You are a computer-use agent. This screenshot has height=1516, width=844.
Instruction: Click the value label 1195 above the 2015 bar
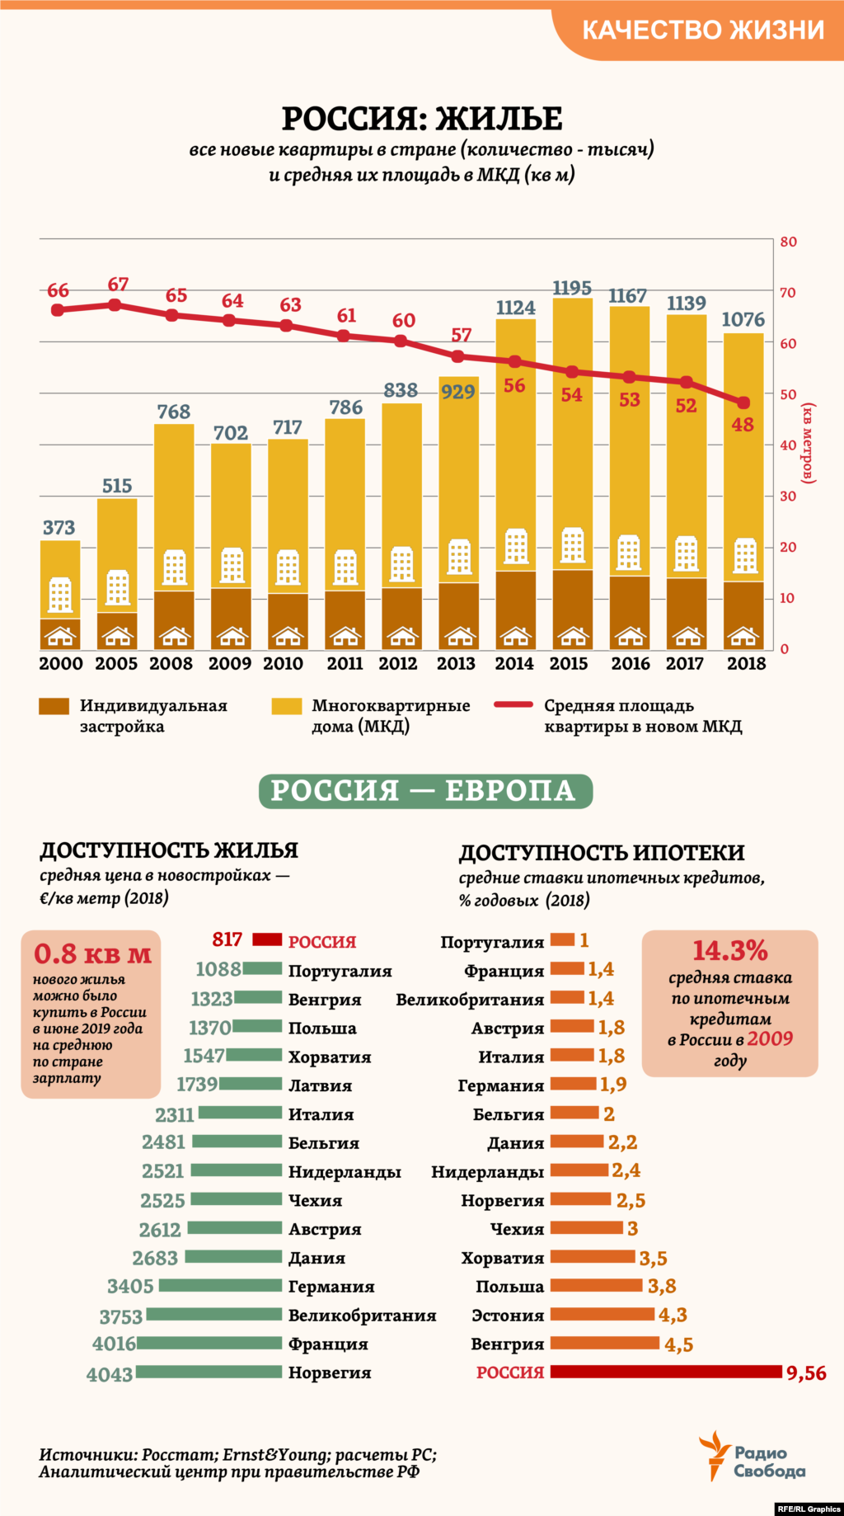(x=572, y=288)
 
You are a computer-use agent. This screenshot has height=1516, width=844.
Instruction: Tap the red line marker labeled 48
(x=743, y=403)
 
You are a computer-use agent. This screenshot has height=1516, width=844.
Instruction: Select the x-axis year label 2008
(x=171, y=663)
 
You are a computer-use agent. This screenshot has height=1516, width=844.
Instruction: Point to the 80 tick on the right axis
(x=788, y=242)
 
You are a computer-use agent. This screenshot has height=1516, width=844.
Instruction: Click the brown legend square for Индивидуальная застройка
(x=54, y=706)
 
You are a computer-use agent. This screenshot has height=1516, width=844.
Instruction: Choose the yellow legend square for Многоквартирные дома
(x=286, y=706)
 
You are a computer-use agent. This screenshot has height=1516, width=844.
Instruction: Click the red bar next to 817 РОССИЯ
(x=267, y=939)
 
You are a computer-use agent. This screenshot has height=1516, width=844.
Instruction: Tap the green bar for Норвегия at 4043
(x=209, y=1372)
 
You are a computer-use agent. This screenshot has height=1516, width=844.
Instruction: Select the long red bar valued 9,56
(x=665, y=1372)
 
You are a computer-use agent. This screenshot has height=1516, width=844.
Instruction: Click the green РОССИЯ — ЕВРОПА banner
(x=424, y=791)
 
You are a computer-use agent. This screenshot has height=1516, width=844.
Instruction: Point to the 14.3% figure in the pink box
(x=729, y=950)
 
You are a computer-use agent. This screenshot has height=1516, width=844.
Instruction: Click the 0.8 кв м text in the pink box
(x=92, y=954)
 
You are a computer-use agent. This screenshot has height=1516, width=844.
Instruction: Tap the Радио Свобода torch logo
(x=714, y=1455)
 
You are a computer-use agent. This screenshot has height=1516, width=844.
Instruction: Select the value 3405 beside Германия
(x=130, y=1286)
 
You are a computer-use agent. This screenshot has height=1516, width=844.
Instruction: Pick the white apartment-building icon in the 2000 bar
(x=60, y=595)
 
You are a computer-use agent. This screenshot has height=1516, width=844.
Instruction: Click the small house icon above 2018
(x=743, y=636)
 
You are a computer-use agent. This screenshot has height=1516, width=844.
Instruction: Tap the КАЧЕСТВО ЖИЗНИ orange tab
(x=702, y=30)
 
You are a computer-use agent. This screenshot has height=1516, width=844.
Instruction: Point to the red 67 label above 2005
(x=118, y=284)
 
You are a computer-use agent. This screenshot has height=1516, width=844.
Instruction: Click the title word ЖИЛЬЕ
(x=499, y=119)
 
